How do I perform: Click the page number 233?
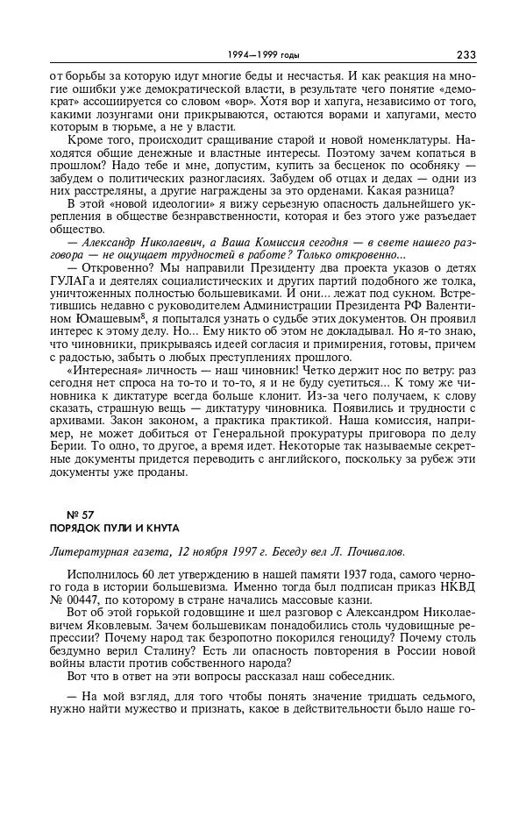coord(465,55)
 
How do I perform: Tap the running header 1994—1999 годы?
coord(262,55)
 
